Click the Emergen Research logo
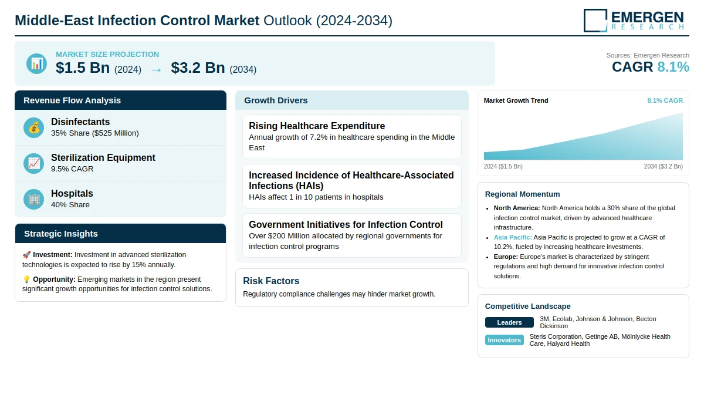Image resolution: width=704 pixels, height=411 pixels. coord(634,20)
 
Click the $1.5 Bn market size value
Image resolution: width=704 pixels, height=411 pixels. coord(83,68)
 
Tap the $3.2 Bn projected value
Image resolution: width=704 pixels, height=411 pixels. coord(198,68)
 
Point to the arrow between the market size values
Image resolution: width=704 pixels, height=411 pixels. coord(156,69)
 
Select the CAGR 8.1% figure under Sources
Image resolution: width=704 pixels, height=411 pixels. coord(650,67)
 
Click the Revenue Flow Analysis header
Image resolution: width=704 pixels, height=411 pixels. coord(72,100)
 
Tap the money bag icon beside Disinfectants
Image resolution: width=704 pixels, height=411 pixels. coord(34,127)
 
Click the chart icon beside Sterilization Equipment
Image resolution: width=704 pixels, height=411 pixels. coord(34,163)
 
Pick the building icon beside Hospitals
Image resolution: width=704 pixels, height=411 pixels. coord(34,199)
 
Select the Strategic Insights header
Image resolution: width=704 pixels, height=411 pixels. coord(61,234)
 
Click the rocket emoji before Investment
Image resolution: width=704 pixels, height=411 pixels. coord(26,255)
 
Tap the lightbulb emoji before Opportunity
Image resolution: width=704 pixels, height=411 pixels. coord(26,279)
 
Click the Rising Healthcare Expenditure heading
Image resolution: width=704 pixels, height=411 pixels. coord(317,126)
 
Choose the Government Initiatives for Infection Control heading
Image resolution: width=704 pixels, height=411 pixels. coord(346,224)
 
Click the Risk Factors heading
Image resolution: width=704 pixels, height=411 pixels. coord(271,281)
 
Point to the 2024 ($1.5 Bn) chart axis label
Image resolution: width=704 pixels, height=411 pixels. coord(503,166)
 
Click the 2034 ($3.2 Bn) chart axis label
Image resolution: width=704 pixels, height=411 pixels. coord(663,166)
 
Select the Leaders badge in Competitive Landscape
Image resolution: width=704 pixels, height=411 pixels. coord(509,322)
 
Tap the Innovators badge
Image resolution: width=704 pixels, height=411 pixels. coord(505,340)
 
